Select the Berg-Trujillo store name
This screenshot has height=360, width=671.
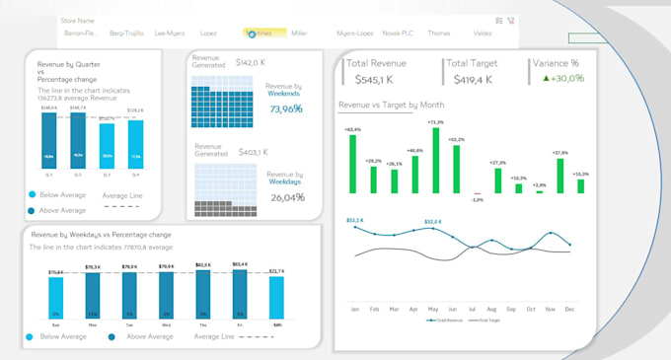pyautogui.click(x=125, y=33)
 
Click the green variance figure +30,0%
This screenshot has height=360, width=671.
pyautogui.click(x=564, y=79)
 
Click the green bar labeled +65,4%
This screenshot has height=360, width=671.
pyautogui.click(x=350, y=163)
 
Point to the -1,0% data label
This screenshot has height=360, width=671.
pyautogui.click(x=477, y=199)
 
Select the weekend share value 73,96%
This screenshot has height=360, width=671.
pyautogui.click(x=285, y=108)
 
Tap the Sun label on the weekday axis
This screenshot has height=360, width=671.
pyautogui.click(x=54, y=324)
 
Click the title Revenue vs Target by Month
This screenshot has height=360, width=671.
pyautogui.click(x=391, y=105)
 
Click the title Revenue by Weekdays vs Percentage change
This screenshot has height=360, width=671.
pyautogui.click(x=102, y=235)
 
